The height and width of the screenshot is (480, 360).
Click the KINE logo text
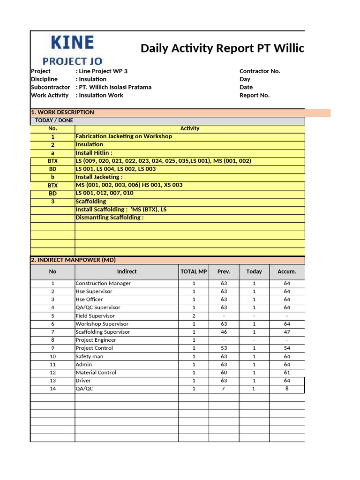(x=72, y=44)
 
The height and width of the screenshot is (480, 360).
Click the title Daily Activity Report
(x=222, y=48)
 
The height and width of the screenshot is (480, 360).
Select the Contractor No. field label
(x=260, y=71)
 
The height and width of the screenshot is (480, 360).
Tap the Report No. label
(x=255, y=95)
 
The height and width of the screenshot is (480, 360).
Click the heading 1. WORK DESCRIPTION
(x=62, y=112)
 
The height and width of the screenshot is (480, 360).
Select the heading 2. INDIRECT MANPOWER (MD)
(x=73, y=260)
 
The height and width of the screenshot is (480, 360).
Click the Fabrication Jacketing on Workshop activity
(x=124, y=136)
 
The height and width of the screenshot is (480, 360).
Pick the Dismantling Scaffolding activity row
(x=110, y=217)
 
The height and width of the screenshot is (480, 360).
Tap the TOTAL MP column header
(x=194, y=271)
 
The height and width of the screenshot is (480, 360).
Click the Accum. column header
(x=287, y=271)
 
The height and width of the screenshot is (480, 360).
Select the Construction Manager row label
(x=103, y=283)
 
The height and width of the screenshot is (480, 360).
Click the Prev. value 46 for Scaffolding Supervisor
(x=224, y=332)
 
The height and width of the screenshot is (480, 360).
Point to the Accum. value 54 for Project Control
(x=287, y=348)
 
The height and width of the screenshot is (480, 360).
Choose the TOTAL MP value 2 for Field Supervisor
(x=194, y=316)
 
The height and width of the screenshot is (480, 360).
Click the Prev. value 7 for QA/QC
(x=224, y=389)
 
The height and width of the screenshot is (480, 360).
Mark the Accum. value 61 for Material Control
(x=287, y=373)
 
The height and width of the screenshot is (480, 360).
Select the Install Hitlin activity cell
(x=94, y=153)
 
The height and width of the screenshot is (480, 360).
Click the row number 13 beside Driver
(x=53, y=381)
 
